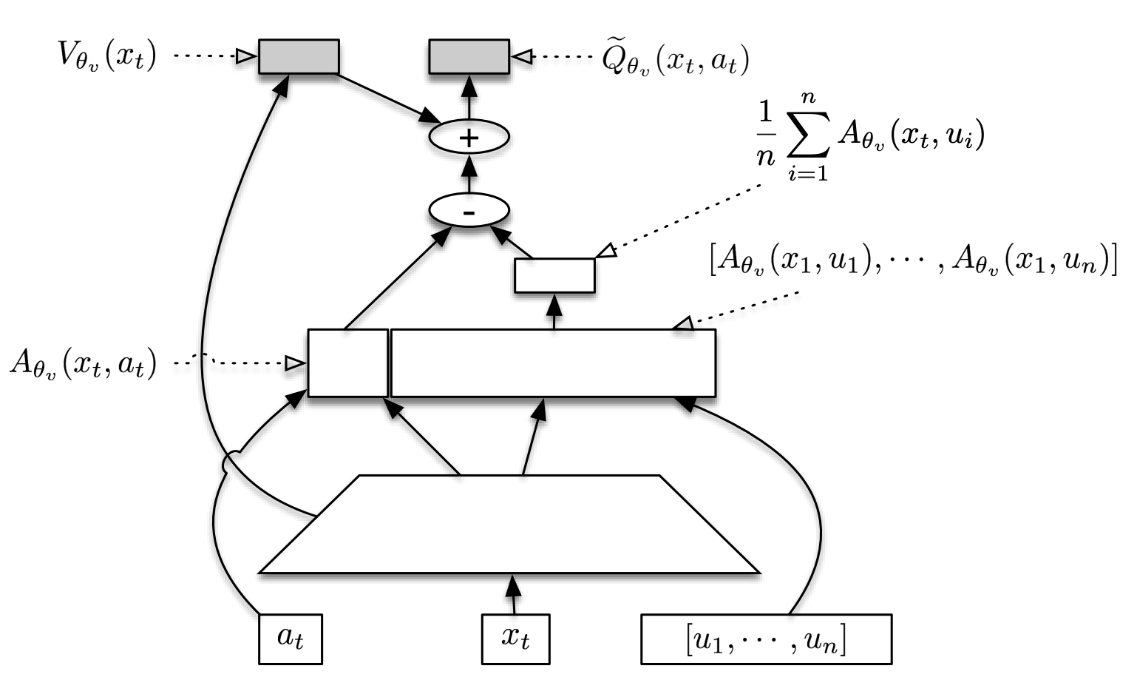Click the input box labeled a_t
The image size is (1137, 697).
pos(290,638)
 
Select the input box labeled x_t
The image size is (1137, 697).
pos(515,638)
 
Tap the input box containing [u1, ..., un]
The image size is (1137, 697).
pos(765,638)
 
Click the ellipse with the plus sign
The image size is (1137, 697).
pos(469,137)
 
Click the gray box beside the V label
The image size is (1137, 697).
pos(299,56)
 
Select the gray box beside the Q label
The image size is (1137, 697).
pos(469,56)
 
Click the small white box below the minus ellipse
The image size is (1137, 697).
pos(554,275)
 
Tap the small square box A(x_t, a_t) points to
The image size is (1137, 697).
pos(347,363)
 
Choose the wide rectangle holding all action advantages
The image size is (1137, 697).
pos(553,363)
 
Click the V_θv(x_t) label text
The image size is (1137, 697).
pos(108,56)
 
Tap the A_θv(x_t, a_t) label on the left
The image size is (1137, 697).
pos(83,364)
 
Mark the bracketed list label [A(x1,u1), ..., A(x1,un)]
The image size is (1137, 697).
pos(912,263)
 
